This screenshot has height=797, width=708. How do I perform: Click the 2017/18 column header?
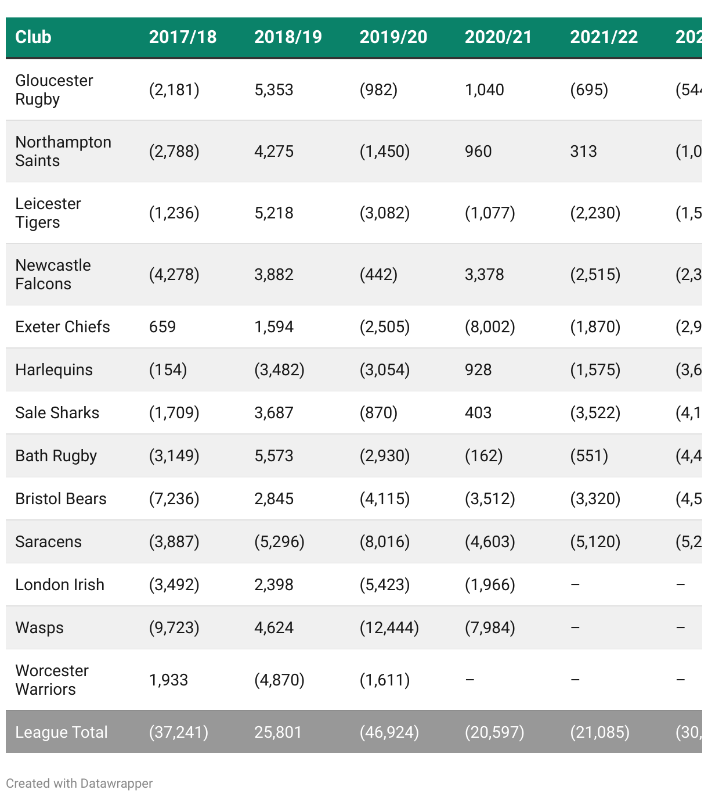click(x=183, y=37)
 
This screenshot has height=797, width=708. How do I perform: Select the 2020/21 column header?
click(x=499, y=37)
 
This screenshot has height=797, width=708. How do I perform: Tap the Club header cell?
click(x=33, y=37)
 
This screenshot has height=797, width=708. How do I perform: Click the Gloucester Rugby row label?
click(x=54, y=89)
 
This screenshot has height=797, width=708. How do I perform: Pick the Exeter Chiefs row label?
click(x=63, y=327)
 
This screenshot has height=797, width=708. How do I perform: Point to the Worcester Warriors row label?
click(x=52, y=680)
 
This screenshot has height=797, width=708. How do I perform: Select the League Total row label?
click(x=62, y=732)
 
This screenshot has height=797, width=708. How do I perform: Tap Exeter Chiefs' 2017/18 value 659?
click(x=162, y=327)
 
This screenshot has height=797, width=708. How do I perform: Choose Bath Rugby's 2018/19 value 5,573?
click(x=274, y=456)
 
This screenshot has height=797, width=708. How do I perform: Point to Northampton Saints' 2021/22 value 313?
click(x=583, y=152)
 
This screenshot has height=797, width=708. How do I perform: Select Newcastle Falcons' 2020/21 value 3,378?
click(x=485, y=275)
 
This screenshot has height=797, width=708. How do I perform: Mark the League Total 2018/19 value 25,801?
click(x=278, y=732)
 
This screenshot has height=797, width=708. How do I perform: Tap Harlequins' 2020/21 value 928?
click(x=478, y=370)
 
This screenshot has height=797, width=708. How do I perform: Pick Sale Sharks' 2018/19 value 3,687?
click(x=274, y=413)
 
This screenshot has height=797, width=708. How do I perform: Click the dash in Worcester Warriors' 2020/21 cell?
click(x=470, y=680)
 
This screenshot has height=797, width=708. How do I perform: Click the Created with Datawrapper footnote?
click(x=80, y=783)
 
